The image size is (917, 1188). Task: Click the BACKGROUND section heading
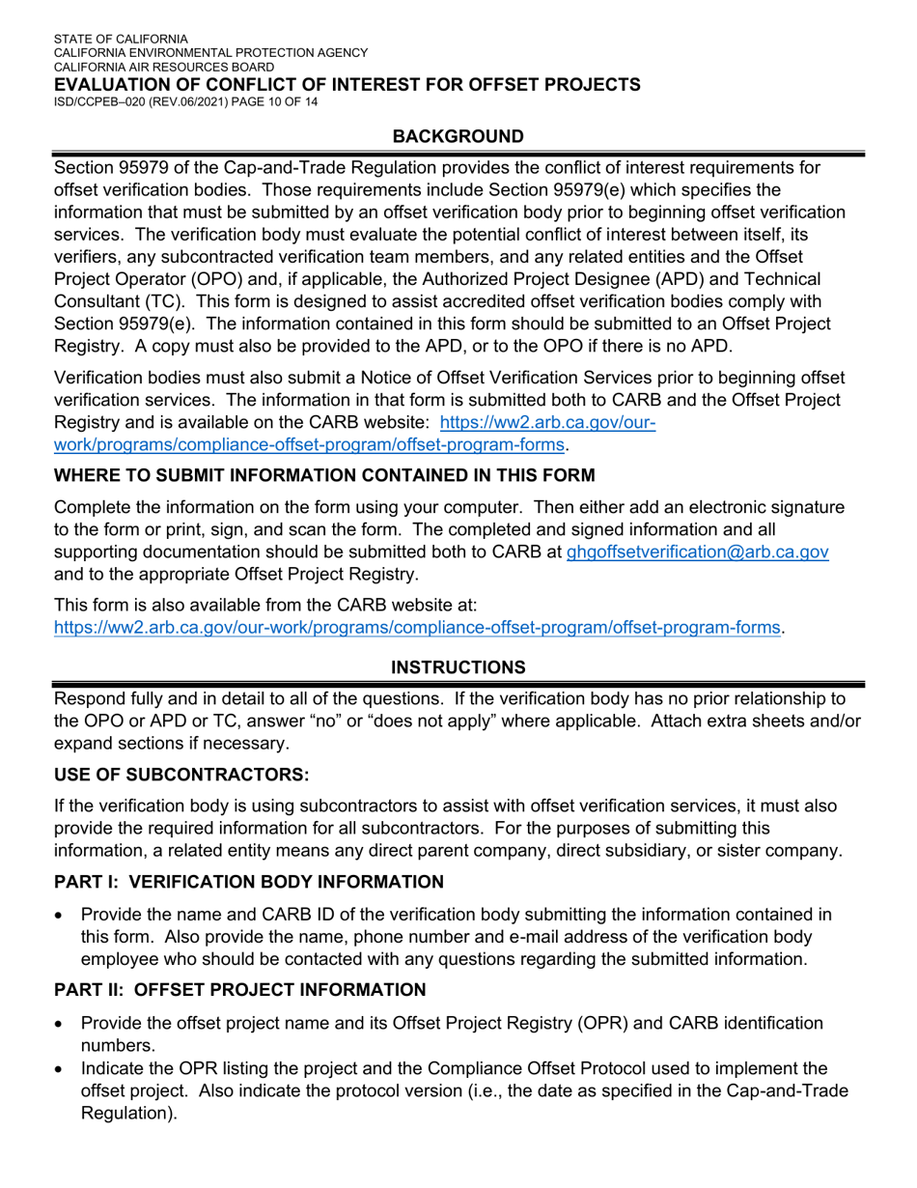pos(458,136)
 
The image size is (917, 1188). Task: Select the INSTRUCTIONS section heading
pos(458,667)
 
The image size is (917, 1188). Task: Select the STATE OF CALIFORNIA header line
pos(121,40)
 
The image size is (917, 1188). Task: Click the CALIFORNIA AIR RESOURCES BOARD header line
pos(164,68)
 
